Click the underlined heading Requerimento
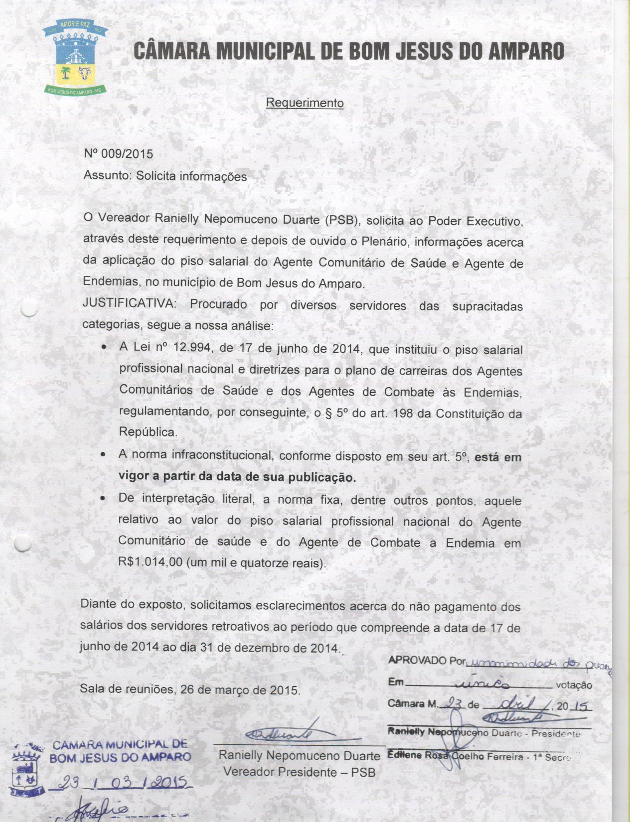[x=305, y=103]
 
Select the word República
[x=148, y=432]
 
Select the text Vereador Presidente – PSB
[x=299, y=772]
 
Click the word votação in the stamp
[x=574, y=685]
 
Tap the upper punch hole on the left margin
[x=29, y=309]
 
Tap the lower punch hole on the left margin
[x=22, y=543]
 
